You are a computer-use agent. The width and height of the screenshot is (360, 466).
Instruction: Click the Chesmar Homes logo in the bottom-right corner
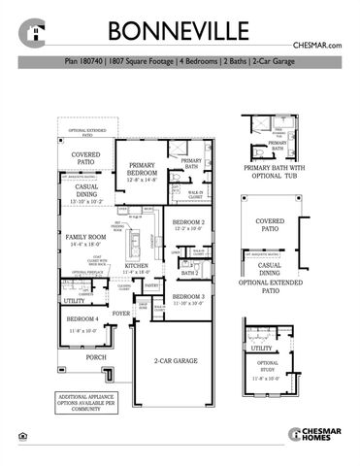point(319,435)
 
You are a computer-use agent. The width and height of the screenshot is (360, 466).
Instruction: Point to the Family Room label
point(86,240)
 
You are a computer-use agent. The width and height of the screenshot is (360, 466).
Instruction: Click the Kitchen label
point(136,269)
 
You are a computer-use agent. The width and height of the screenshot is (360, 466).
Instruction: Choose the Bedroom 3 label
point(188,299)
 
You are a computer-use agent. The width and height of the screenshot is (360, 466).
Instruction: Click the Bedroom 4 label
point(82,323)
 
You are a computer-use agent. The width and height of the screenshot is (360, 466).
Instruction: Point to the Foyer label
point(121,314)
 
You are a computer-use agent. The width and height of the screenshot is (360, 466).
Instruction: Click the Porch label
point(96,357)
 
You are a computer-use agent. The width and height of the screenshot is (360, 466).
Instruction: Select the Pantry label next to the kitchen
point(151,285)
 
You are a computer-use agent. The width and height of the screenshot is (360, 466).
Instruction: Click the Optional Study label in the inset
point(269,370)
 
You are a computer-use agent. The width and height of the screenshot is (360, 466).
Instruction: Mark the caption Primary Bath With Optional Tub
point(274,193)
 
